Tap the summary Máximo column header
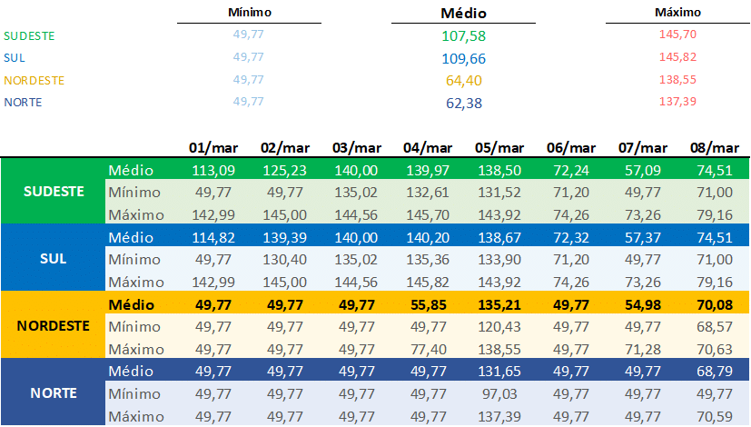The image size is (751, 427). pyautogui.click(x=677, y=13)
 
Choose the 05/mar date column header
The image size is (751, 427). pyautogui.click(x=499, y=147)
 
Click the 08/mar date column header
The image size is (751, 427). pyautogui.click(x=714, y=147)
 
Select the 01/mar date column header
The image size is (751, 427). pyautogui.click(x=212, y=147)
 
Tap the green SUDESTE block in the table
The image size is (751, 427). pyautogui.click(x=54, y=192)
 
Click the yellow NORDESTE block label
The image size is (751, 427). pyautogui.click(x=54, y=324)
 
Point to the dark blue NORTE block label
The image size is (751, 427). pyautogui.click(x=54, y=392)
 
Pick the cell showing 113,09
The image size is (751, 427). pyautogui.click(x=211, y=170)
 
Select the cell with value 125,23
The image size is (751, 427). pyautogui.click(x=282, y=170)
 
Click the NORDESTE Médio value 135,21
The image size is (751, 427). pyautogui.click(x=498, y=304)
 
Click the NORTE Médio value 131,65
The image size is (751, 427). pyautogui.click(x=498, y=371)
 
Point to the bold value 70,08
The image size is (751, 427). pyautogui.click(x=716, y=304)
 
